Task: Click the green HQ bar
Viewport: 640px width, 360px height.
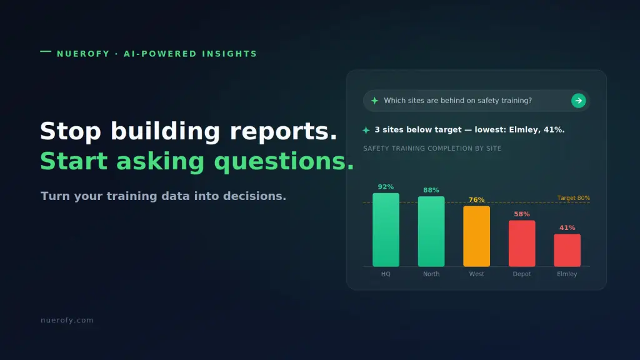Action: pyautogui.click(x=386, y=230)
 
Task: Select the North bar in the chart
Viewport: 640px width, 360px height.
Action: pyautogui.click(x=431, y=231)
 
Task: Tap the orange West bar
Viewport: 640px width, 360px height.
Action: pyautogui.click(x=476, y=236)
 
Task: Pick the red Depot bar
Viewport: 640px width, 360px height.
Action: pyautogui.click(x=522, y=243)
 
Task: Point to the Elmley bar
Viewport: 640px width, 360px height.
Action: pyautogui.click(x=567, y=250)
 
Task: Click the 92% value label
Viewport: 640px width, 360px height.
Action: pyautogui.click(x=386, y=187)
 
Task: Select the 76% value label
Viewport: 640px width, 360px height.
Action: pyautogui.click(x=476, y=200)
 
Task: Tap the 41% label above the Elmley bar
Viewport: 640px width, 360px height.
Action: pyautogui.click(x=567, y=227)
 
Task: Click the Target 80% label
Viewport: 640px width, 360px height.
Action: pyautogui.click(x=574, y=198)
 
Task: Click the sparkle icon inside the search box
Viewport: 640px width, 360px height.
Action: pyautogui.click(x=374, y=101)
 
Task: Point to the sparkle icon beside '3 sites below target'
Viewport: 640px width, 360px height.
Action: pyautogui.click(x=366, y=130)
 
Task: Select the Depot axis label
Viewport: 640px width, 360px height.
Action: pyautogui.click(x=522, y=274)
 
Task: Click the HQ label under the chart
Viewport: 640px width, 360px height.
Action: pyautogui.click(x=386, y=274)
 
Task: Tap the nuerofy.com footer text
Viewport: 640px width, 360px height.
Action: pyautogui.click(x=67, y=321)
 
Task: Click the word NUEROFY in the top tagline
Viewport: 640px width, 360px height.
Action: pyautogui.click(x=83, y=54)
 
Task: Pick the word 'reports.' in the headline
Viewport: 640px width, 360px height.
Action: pyautogui.click(x=284, y=132)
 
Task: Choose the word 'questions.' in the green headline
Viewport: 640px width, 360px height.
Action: pyautogui.click(x=284, y=162)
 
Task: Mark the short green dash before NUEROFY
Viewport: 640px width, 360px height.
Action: pyautogui.click(x=46, y=51)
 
